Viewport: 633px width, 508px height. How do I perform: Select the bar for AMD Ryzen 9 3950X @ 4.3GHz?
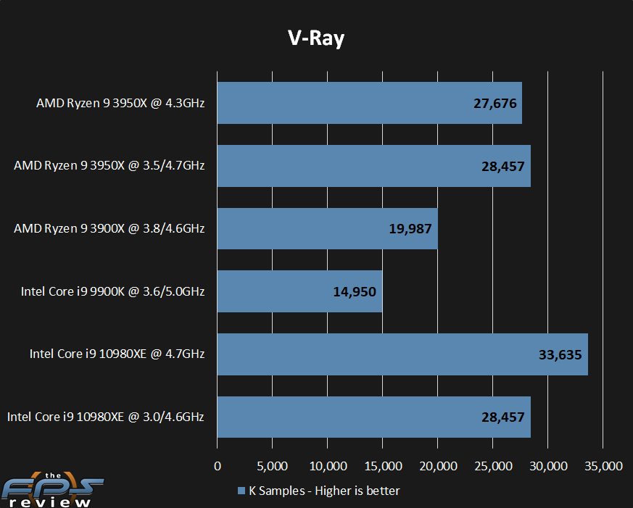[x=369, y=103]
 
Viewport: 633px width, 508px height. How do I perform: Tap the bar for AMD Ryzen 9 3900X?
[x=327, y=229]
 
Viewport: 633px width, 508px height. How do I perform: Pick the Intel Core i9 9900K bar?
[x=299, y=292]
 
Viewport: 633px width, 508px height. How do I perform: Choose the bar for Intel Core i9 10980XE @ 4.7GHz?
[x=402, y=354]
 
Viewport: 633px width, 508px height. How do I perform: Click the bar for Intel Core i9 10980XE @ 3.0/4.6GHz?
[x=373, y=417]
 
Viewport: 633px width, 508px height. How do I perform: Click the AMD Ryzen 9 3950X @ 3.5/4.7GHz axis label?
[x=109, y=166]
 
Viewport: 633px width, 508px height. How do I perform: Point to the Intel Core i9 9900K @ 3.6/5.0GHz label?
[x=112, y=292]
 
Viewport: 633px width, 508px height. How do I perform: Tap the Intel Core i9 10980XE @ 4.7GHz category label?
[x=117, y=354]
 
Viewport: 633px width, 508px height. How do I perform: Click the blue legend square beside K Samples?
[x=241, y=491]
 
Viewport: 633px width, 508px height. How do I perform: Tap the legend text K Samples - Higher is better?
[x=324, y=491]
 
